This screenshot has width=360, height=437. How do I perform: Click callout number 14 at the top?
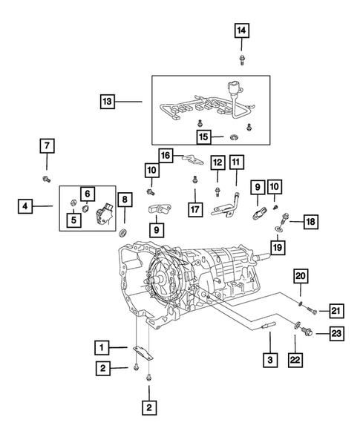(242, 30)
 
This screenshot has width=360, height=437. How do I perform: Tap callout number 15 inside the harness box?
(203, 136)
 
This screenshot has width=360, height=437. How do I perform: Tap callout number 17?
(194, 210)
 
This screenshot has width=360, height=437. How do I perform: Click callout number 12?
(217, 162)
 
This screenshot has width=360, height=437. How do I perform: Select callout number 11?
(236, 162)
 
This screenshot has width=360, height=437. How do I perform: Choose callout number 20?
(300, 276)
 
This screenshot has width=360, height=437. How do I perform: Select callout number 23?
(336, 335)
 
